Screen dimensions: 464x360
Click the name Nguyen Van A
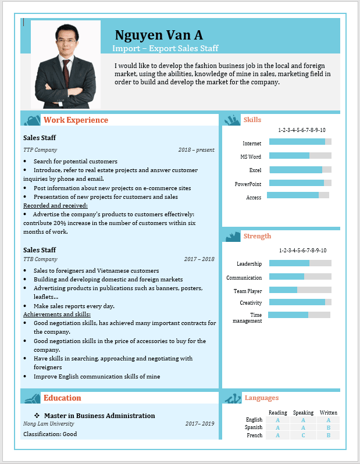pyautogui.click(x=159, y=35)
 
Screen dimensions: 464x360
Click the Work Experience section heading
pyautogui.click(x=76, y=120)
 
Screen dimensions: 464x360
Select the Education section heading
pyautogui.click(x=62, y=398)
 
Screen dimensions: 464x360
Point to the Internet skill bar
pyautogui.click(x=300, y=142)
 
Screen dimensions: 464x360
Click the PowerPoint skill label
pyautogui.click(x=248, y=184)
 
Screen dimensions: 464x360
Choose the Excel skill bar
pyautogui.click(x=300, y=170)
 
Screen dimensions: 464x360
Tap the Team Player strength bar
pyautogui.click(x=300, y=290)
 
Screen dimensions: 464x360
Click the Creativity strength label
pyautogui.click(x=251, y=303)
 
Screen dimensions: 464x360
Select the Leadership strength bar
pyautogui.click(x=300, y=263)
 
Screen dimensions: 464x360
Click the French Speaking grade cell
pyautogui.click(x=303, y=436)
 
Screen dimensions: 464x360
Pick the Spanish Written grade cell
pyautogui.click(x=329, y=427)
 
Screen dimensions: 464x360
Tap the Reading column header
pyautogui.click(x=278, y=413)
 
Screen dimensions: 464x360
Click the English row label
pyautogui.click(x=254, y=420)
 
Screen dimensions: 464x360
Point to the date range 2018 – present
pyautogui.click(x=196, y=150)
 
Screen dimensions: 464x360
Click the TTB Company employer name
pyautogui.click(x=40, y=259)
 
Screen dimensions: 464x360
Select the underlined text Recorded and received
pyautogui.click(x=55, y=205)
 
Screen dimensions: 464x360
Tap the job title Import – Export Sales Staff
pyautogui.click(x=165, y=48)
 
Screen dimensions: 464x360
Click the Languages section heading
pyautogui.click(x=261, y=398)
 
